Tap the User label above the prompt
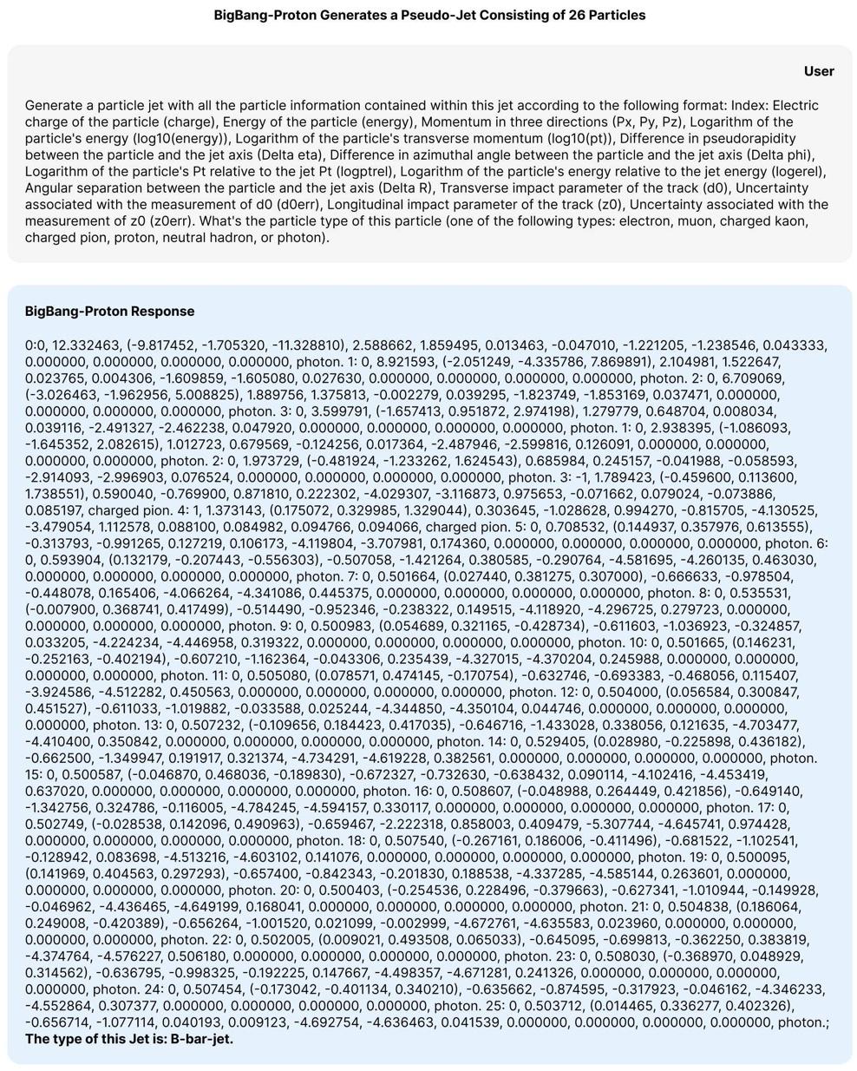[819, 71]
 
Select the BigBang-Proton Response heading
[109, 311]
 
